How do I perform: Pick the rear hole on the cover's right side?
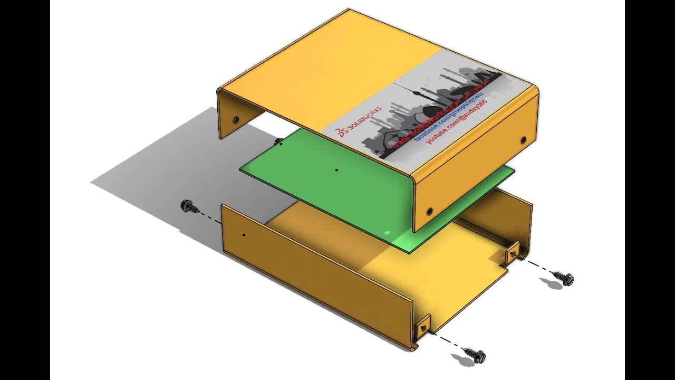pyautogui.click(x=523, y=140)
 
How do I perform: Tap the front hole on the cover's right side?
pyautogui.click(x=429, y=211)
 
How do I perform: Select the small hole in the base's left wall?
pyautogui.click(x=243, y=234)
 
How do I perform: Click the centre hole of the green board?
pyautogui.click(x=336, y=170)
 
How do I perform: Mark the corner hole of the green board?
pyautogui.click(x=281, y=143)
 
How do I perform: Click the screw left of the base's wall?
pyautogui.click(x=190, y=206)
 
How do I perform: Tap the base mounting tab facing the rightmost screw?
pyautogui.click(x=513, y=254)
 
